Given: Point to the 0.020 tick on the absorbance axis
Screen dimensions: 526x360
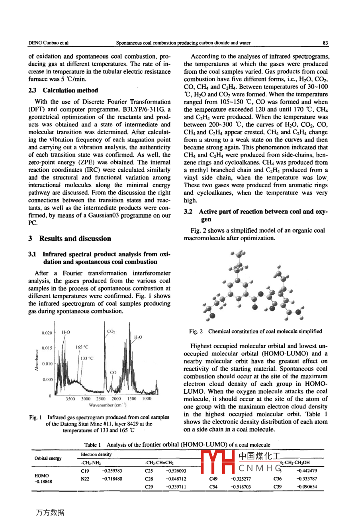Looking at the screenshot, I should click(47, 333).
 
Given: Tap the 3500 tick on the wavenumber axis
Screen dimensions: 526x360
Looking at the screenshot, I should click(70, 398).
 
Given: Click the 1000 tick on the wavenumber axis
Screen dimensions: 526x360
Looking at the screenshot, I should click(147, 398).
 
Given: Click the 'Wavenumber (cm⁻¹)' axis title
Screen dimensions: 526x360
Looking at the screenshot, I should click(108, 405).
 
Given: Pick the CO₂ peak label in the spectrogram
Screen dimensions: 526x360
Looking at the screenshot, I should click(111, 331).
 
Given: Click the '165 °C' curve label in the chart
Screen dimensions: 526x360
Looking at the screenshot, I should click(82, 347).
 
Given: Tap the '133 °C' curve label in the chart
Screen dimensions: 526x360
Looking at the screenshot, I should click(87, 358).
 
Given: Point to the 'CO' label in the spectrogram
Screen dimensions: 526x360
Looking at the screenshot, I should click(113, 373).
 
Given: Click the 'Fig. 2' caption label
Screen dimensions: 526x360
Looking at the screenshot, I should click(196, 331).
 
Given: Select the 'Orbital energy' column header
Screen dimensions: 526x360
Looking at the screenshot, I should click(48, 458).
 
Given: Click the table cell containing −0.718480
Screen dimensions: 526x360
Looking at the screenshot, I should click(112, 479).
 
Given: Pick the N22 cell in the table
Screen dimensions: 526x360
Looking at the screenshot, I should click(85, 479).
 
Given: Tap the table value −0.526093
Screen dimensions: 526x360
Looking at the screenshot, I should click(176, 471).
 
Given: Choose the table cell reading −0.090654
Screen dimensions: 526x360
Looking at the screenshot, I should click(307, 487).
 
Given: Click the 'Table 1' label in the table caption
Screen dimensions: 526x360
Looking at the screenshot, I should click(92, 445).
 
